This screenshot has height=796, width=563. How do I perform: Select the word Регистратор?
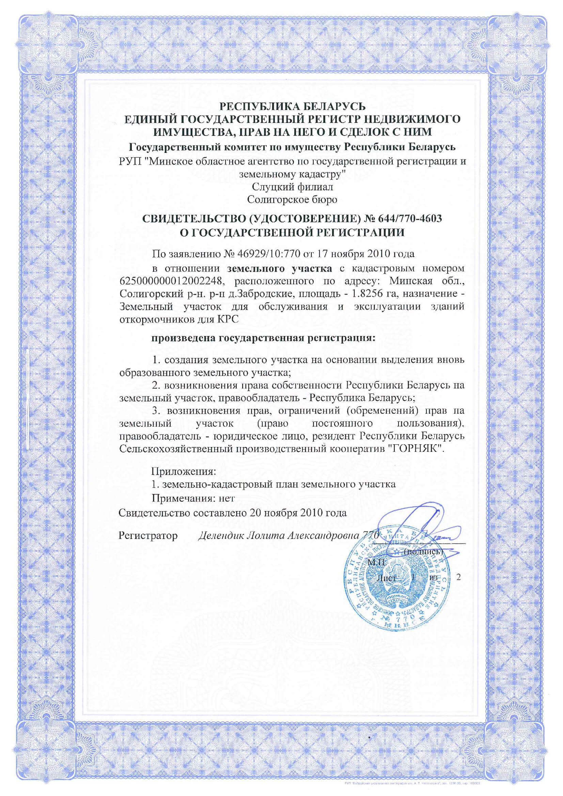pos(148,536)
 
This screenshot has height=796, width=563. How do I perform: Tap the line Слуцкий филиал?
pos(292,187)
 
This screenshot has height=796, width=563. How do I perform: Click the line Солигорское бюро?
pos(292,200)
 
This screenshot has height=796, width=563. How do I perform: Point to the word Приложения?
pos(184,472)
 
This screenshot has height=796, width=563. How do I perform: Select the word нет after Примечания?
pos(226,498)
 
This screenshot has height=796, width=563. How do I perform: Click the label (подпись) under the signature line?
pos(423,551)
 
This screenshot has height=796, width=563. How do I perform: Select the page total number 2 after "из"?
pos(459,577)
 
